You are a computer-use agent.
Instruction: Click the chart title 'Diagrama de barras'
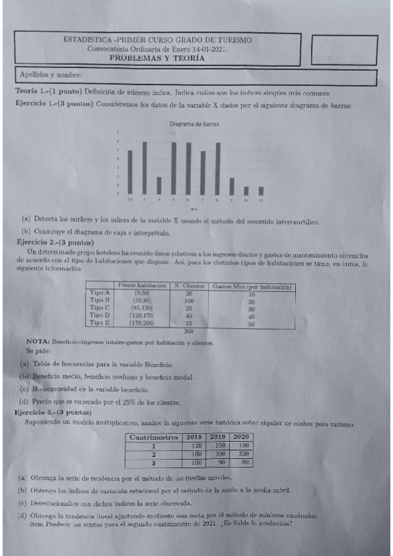(x=194, y=124)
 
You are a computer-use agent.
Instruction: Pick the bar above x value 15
(x=260, y=191)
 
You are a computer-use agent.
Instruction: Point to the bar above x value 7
(x=203, y=172)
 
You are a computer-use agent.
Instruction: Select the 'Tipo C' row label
(x=100, y=308)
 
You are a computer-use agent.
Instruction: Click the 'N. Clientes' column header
(x=188, y=286)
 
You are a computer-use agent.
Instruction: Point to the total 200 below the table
(x=188, y=331)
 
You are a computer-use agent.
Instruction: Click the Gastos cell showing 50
(x=251, y=323)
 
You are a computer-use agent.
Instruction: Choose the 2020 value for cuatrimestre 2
(x=243, y=453)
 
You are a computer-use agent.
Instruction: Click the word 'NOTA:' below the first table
(x=35, y=342)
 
